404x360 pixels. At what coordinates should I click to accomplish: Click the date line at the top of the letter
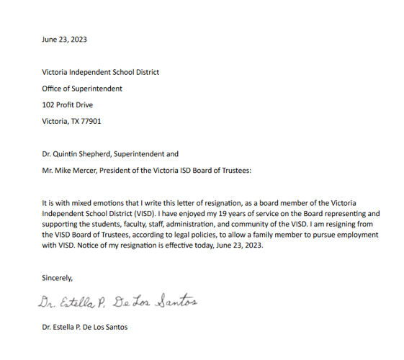click(x=64, y=40)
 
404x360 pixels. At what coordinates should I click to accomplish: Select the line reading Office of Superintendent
click(x=82, y=89)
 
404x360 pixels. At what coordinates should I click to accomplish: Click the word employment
click(x=357, y=235)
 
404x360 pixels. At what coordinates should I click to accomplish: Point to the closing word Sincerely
click(x=58, y=277)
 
